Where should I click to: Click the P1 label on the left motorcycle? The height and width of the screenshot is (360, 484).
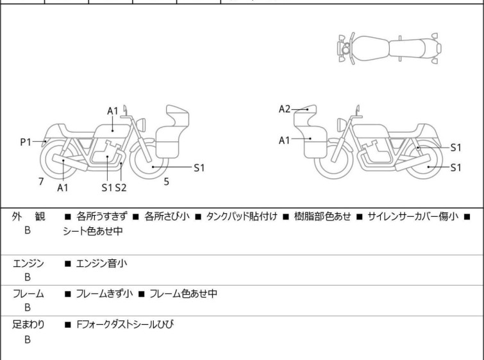pos(26,142)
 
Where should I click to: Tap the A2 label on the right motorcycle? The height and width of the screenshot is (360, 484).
pos(285,109)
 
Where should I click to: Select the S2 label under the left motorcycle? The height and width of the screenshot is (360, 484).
pos(121,187)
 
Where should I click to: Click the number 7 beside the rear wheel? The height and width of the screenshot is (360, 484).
pos(41,182)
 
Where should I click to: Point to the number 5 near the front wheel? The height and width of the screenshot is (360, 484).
pos(166,182)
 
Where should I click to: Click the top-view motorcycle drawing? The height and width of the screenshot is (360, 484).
pos(389,47)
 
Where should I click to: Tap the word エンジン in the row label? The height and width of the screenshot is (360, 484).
pos(28,263)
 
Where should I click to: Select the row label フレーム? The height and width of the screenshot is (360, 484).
pos(28,294)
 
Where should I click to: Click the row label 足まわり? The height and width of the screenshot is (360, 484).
pos(28,325)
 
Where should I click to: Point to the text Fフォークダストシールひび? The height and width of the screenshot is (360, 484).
pos(124,325)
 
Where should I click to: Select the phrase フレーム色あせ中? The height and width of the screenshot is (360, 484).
pos(183,294)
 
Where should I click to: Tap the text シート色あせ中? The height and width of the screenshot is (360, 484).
pos(92,232)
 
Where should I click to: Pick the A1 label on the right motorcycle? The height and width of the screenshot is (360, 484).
pos(285,140)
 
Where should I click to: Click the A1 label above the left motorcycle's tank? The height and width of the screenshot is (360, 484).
pos(113,111)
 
